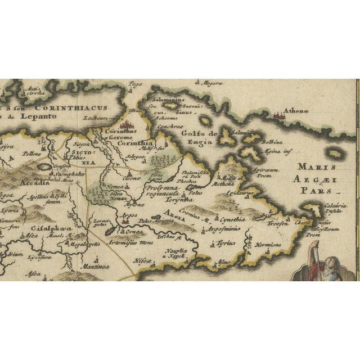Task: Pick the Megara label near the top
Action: coord(213,83)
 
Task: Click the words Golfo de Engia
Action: coord(199,138)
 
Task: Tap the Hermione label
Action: coord(270,246)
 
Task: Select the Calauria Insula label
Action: coord(336,209)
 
